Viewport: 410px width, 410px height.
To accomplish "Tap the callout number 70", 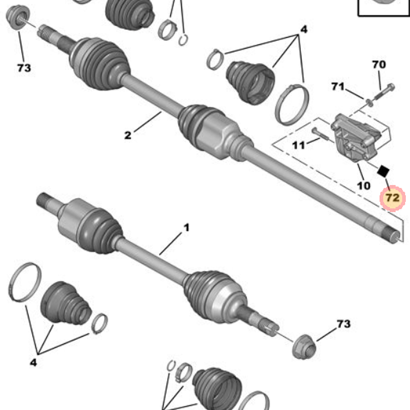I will pyautogui.click(x=379, y=65).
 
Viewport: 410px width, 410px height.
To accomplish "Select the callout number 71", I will pyautogui.click(x=338, y=87).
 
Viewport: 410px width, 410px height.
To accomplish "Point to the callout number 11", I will pyautogui.click(x=298, y=145).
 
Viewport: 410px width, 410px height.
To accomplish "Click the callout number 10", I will pyautogui.click(x=363, y=185).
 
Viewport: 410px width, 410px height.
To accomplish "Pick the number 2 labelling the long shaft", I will pyautogui.click(x=128, y=135).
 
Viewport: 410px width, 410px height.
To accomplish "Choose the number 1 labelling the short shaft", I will pyautogui.click(x=186, y=227).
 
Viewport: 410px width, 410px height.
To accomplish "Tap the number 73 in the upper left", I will pyautogui.click(x=24, y=68).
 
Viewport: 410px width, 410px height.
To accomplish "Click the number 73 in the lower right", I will pyautogui.click(x=344, y=324).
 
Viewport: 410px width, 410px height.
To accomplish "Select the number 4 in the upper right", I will pyautogui.click(x=303, y=30).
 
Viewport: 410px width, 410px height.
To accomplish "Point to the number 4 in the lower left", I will pyautogui.click(x=33, y=362).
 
